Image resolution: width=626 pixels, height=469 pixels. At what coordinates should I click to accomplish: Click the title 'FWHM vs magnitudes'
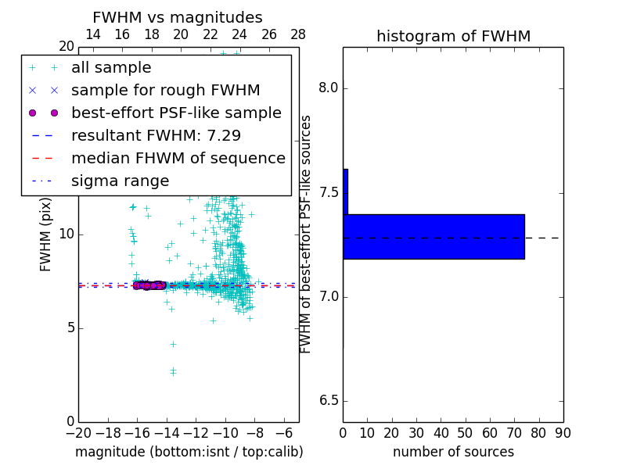[178, 18]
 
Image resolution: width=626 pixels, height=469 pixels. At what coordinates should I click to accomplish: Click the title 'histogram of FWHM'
[453, 36]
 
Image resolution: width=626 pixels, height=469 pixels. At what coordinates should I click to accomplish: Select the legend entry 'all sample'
[111, 68]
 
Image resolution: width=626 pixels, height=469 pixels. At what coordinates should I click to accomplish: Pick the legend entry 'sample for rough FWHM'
[165, 91]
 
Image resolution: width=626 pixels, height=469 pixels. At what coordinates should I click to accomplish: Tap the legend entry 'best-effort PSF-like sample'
[176, 113]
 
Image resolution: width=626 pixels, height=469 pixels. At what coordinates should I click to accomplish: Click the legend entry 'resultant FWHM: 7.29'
[156, 136]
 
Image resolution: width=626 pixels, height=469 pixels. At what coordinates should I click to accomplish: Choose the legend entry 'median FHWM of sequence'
[178, 159]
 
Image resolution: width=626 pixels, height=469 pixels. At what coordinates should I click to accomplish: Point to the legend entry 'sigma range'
[120, 181]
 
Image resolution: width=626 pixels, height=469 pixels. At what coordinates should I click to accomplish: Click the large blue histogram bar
[434, 236]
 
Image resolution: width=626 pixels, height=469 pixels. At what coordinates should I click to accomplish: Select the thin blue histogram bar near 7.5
[345, 192]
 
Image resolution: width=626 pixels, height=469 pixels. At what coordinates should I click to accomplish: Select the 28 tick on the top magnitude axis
[298, 34]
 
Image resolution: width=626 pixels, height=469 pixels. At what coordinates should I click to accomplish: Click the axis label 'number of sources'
[453, 452]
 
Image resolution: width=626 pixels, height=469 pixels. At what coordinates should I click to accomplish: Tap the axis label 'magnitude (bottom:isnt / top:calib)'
[189, 452]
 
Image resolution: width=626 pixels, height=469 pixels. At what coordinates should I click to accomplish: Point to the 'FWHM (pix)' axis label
[46, 234]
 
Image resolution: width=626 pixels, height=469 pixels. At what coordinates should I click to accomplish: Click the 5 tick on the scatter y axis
[69, 328]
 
